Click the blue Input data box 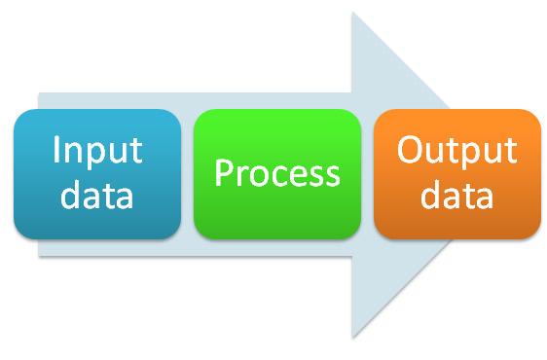97,173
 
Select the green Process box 277,173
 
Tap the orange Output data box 457,173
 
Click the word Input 97,153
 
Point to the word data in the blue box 97,196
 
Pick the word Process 277,174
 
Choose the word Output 457,153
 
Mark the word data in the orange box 457,196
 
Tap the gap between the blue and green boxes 188,173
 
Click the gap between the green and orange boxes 367,173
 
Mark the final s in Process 332,176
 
